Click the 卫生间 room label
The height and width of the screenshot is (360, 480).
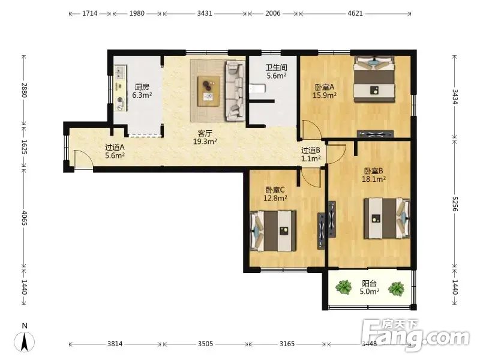[276, 67]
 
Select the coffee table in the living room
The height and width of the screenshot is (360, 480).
[208, 91]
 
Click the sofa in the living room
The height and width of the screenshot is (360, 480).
[235, 91]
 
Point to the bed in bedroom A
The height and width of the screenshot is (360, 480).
[374, 79]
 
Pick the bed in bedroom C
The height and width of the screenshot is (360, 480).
[274, 231]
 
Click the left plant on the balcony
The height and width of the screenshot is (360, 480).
[343, 287]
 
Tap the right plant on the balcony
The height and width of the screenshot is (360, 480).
[396, 289]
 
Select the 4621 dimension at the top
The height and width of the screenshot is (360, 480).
[355, 13]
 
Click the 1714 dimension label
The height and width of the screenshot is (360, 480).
[89, 13]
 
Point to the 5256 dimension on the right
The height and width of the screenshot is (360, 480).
[455, 203]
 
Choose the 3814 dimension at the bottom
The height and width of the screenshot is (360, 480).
[115, 344]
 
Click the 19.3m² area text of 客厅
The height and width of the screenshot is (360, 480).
[205, 142]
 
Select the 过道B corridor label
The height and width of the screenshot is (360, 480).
[311, 151]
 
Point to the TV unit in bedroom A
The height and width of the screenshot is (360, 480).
[376, 134]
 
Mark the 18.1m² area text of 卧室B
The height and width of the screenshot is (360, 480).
[373, 179]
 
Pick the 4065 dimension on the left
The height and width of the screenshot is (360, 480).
[25, 218]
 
